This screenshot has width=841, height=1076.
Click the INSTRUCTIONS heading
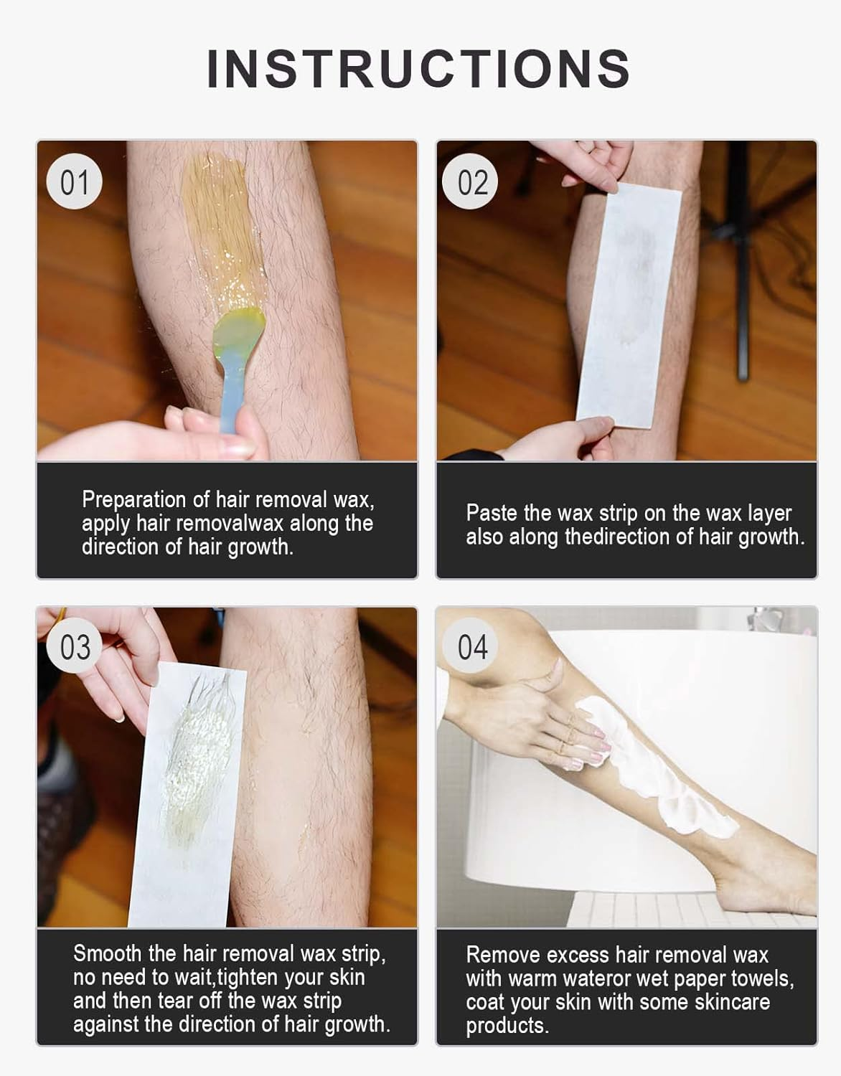419,69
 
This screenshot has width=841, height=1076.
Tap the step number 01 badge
75,181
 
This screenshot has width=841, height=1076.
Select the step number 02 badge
470,181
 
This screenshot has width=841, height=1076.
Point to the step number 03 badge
75,646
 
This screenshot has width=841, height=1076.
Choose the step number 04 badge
470,646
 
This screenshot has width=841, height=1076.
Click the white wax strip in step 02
629,305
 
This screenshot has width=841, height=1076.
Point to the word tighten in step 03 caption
243,978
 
